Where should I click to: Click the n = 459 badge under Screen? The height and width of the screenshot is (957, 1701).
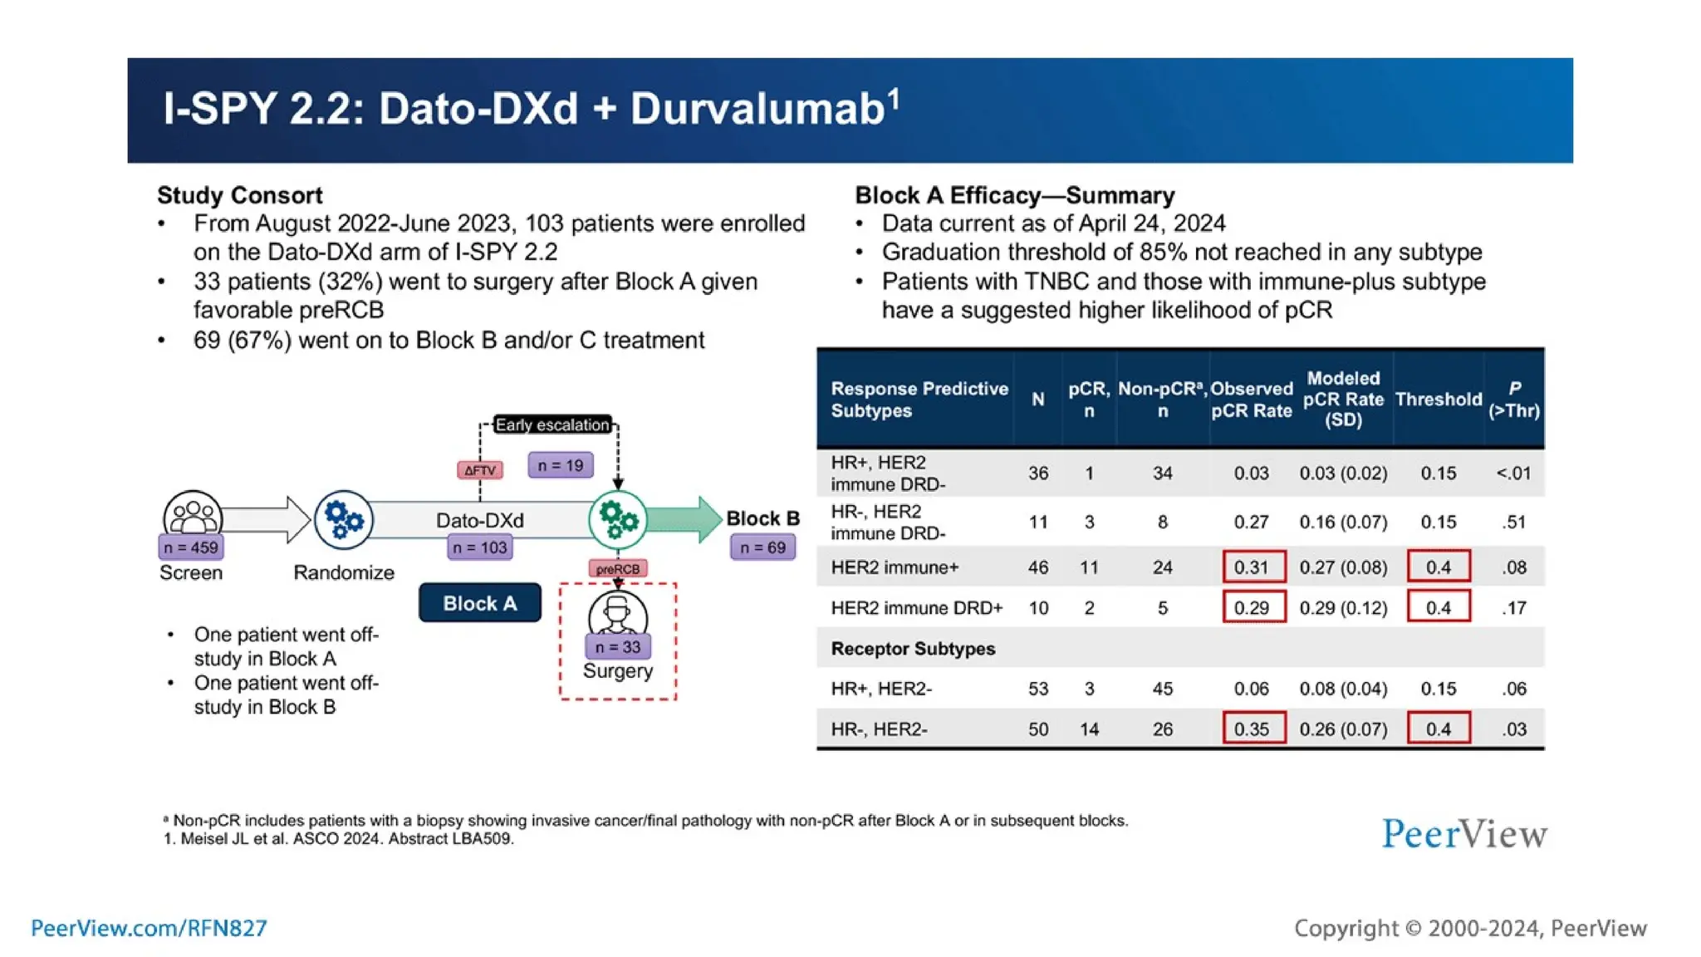click(191, 547)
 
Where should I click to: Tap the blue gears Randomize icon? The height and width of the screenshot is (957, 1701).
click(344, 520)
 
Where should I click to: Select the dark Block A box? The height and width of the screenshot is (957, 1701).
click(480, 603)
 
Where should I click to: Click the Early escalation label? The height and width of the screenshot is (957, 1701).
click(552, 425)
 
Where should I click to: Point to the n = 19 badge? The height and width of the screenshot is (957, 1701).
click(561, 465)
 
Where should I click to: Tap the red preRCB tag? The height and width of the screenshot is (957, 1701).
click(618, 569)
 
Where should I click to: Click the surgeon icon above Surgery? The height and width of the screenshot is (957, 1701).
click(617, 616)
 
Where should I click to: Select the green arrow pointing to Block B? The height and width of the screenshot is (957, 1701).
click(684, 520)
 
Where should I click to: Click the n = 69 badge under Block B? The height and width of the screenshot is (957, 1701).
click(762, 547)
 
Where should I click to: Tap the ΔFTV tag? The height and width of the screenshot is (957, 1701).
click(479, 470)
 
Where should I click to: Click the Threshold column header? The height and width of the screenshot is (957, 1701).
click(1439, 400)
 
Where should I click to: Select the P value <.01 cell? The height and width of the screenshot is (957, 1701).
click(1513, 474)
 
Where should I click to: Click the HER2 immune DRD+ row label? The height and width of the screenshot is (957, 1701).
click(916, 608)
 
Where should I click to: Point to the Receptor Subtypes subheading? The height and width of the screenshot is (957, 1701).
click(913, 649)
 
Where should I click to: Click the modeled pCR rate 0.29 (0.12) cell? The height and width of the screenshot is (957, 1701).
click(1343, 608)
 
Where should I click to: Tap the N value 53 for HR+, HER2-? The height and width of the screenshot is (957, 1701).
click(1038, 689)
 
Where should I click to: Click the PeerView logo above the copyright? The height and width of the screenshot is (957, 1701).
click(1464, 834)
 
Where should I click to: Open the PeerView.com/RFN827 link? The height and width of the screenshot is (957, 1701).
click(150, 928)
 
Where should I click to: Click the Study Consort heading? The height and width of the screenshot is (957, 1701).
click(239, 195)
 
